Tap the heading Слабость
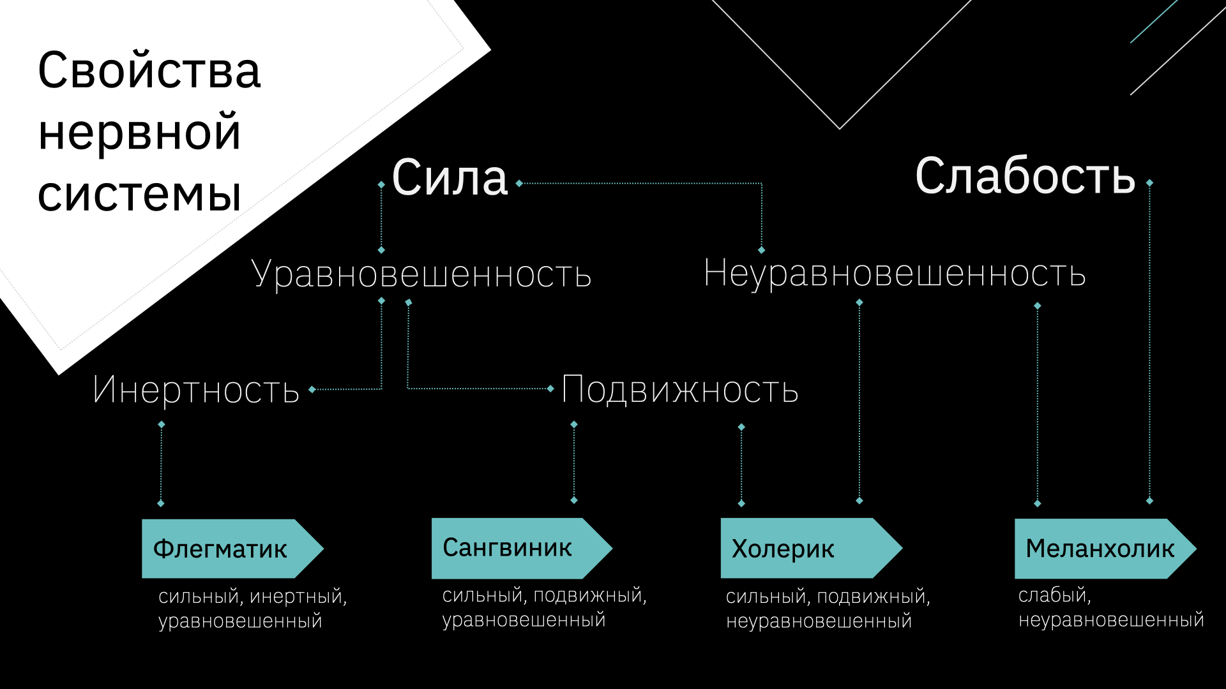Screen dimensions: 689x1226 [1025, 176]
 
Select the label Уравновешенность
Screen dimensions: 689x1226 [421, 274]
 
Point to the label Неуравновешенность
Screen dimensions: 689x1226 [894, 274]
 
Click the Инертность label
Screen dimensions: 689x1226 [196, 390]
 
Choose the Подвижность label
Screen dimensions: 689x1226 [680, 390]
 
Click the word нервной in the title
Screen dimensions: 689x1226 [139, 132]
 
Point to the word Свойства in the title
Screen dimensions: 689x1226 [149, 70]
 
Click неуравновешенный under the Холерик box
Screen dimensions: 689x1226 [819, 621]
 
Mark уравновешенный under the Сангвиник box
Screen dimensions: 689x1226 [524, 619]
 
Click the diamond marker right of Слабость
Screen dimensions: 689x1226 [1149, 183]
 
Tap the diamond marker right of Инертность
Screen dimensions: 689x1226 [312, 389]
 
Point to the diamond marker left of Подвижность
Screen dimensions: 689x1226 [550, 389]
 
